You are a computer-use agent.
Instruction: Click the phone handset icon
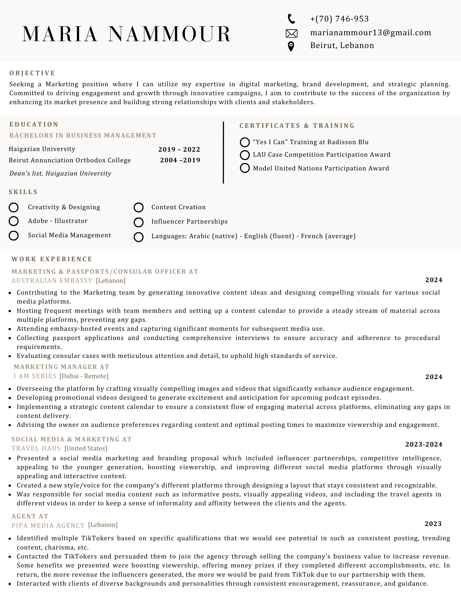[x=291, y=19]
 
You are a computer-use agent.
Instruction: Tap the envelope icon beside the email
[x=292, y=33]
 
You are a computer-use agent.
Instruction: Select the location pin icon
[x=291, y=47]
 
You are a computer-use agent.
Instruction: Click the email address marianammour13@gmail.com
[x=371, y=33]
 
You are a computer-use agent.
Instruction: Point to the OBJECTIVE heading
[x=32, y=73]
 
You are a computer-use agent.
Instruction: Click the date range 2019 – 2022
[x=179, y=150]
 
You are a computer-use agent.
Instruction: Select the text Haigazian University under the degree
[x=42, y=149]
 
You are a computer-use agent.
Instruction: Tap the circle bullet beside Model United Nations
[x=245, y=168]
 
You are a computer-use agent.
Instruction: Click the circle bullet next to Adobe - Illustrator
[x=14, y=221]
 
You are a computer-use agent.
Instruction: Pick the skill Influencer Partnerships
[x=189, y=221]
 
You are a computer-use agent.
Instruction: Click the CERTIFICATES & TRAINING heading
[x=297, y=126]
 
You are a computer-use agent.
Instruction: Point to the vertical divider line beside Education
[x=223, y=152]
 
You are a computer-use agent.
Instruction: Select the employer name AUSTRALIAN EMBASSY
[x=52, y=281]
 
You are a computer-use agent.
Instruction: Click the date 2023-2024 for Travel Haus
[x=424, y=444]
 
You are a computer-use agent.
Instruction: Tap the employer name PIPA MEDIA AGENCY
[x=48, y=525]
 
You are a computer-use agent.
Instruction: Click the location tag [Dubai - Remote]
[x=84, y=376]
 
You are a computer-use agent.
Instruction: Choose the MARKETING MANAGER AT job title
[x=61, y=367]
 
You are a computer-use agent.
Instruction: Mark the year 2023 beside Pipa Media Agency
[x=433, y=524]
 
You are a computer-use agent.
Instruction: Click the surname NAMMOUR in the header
[x=169, y=34]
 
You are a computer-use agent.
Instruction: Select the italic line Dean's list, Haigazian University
[x=60, y=173]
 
